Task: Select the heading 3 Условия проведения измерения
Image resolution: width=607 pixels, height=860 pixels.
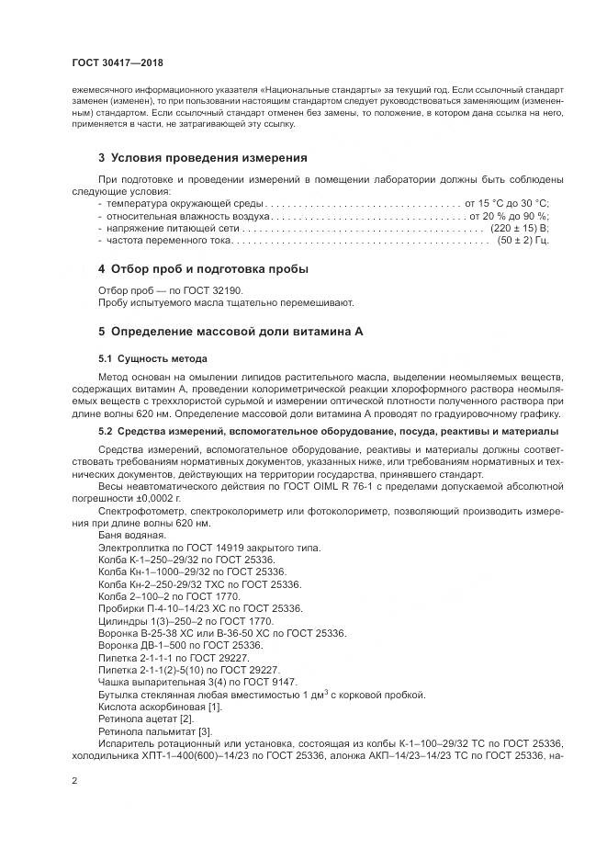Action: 202,157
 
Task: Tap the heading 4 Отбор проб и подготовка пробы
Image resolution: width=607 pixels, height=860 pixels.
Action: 203,269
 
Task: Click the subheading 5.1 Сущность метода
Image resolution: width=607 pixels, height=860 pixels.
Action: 152,358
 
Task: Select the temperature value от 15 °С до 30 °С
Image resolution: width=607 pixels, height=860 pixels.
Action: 507,202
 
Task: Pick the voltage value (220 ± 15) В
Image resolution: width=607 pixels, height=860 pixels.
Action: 519,226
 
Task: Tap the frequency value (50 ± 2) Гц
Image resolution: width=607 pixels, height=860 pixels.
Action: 523,239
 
